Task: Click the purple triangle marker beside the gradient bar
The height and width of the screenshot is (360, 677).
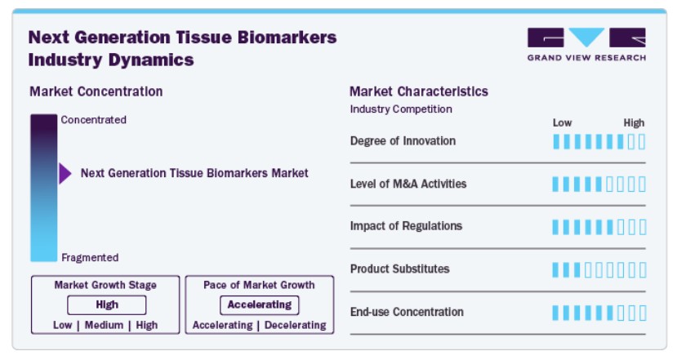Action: coord(65,174)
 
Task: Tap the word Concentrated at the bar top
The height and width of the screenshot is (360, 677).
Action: coord(94,119)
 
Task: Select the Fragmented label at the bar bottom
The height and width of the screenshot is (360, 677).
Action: coord(90,258)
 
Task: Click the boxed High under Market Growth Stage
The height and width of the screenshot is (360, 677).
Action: coord(107,304)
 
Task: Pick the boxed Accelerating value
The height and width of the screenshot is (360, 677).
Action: coord(260,304)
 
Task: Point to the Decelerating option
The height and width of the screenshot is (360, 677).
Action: coord(296,325)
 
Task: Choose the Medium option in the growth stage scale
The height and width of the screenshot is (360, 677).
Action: coord(104,325)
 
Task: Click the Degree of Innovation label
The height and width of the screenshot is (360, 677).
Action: coord(403,141)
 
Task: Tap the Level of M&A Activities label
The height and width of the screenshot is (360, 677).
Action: coord(408,184)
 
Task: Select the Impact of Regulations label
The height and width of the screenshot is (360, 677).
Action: coord(406,226)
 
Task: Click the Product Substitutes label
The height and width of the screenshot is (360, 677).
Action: coord(400,269)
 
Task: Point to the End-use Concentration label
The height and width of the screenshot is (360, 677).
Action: coord(407,312)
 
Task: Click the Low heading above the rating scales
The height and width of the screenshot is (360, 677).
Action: coord(562,123)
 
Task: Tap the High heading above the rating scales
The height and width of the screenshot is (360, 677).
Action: coord(634,123)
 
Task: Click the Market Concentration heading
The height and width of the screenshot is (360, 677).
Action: coord(96,91)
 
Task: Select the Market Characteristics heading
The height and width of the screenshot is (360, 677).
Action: coord(418,91)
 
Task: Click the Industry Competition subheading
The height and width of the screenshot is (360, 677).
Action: coord(401,109)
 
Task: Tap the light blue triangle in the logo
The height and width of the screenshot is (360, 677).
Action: coord(586,36)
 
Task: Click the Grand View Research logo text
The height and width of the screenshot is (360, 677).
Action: coord(586,58)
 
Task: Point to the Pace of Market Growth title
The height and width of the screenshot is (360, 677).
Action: coord(259,285)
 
